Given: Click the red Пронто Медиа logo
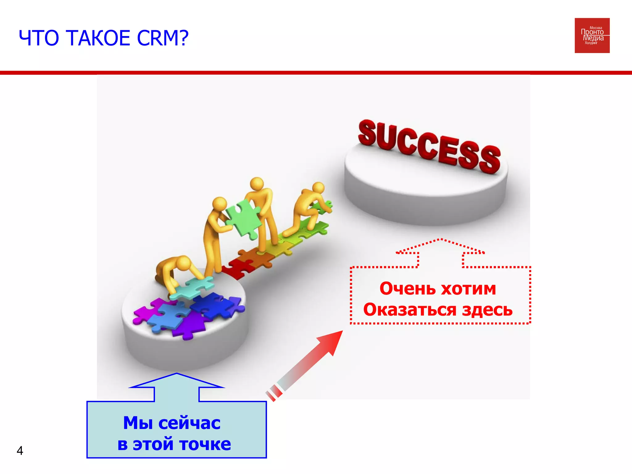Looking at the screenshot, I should pos(592,35).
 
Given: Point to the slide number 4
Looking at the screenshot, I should pos(20,451).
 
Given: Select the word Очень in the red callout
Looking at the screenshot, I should pos(407,289).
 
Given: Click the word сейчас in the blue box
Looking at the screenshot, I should pos(189,423).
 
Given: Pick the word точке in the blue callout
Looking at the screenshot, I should pos(205,444).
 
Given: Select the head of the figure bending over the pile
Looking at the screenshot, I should pos(184,263).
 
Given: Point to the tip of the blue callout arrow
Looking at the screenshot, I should pos(177,374).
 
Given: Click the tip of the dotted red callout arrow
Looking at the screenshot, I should pos(441,239).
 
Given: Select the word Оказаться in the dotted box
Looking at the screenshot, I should pos(410,310).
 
